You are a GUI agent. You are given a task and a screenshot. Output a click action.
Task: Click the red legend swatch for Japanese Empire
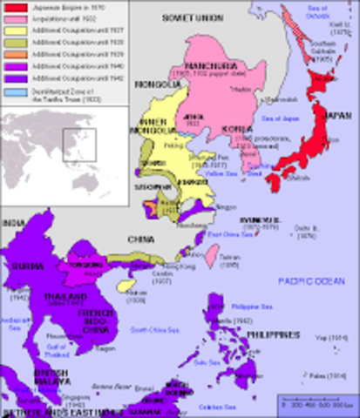pos(10,6)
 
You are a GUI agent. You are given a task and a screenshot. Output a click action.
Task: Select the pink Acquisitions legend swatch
pos(10,17)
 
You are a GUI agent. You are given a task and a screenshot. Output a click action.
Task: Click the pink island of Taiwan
pos(210,253)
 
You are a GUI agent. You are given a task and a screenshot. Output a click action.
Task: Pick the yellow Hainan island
pos(127,285)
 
